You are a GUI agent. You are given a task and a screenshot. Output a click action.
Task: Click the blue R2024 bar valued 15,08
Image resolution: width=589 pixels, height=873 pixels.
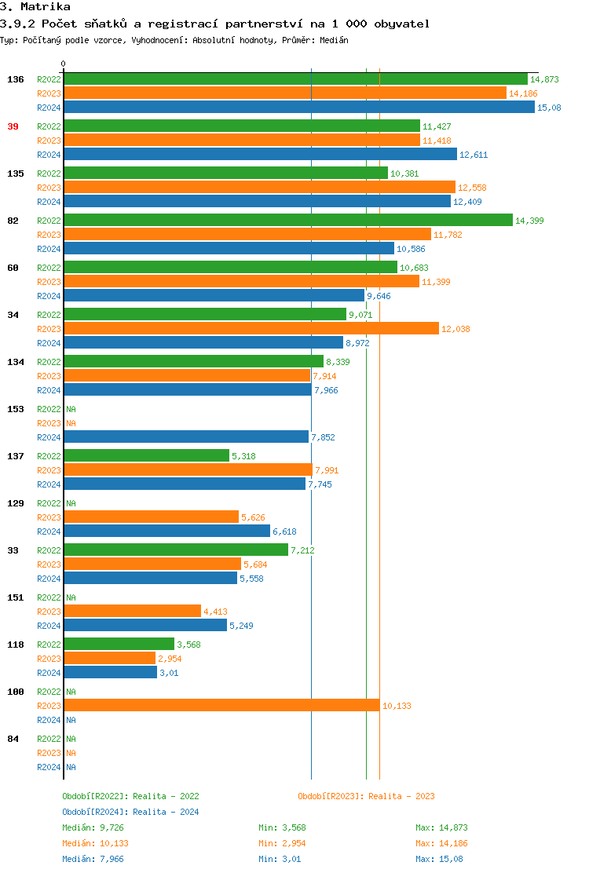click(298, 108)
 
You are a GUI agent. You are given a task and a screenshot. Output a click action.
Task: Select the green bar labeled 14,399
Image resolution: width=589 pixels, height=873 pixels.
click(287, 221)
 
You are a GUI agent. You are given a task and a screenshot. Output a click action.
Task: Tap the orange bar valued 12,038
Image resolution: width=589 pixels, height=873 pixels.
click(251, 329)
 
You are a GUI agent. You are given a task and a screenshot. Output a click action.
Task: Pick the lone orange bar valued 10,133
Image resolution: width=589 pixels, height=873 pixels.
click(221, 706)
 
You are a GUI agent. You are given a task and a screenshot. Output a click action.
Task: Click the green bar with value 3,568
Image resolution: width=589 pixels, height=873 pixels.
click(119, 645)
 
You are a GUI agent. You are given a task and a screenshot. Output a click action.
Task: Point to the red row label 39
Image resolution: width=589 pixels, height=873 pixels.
click(13, 126)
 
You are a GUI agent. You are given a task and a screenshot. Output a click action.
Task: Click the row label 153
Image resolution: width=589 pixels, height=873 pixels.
click(15, 409)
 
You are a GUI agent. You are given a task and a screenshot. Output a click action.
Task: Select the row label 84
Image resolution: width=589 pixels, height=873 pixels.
click(13, 739)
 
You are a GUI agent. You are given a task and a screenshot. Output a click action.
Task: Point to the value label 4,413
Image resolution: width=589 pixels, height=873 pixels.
click(216, 612)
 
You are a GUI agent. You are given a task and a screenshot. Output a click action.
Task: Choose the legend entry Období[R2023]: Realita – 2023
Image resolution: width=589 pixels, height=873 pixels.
click(366, 796)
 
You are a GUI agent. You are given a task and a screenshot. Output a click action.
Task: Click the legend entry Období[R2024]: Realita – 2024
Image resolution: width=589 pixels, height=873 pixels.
click(130, 812)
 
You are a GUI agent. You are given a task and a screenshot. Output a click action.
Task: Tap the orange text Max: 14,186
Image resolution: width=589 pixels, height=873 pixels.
click(441, 843)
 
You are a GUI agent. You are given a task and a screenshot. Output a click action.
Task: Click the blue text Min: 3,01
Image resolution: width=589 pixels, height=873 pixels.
click(280, 859)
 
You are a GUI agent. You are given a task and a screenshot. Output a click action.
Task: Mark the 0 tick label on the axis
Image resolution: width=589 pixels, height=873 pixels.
click(64, 64)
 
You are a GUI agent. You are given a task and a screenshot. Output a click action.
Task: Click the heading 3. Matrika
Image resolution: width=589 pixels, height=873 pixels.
click(35, 7)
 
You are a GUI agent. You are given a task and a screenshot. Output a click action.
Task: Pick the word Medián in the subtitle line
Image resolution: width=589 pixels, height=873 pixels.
click(333, 40)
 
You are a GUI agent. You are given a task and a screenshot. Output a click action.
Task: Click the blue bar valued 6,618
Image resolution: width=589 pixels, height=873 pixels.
click(166, 531)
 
